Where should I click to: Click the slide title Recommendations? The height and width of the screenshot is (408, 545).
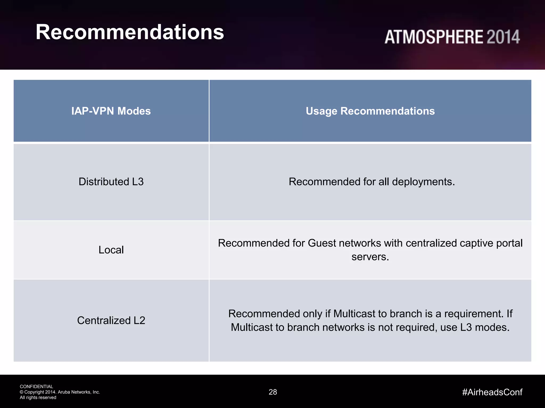(130, 32)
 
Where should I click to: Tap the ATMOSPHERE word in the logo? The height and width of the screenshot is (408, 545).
(434, 37)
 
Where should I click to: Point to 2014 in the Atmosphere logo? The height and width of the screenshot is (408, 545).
(503, 37)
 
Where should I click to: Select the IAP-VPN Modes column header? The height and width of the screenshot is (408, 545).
(111, 111)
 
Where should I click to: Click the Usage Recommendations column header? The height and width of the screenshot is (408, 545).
(370, 111)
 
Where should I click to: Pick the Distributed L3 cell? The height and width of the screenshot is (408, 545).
(111, 182)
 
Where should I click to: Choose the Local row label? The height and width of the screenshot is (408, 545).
(111, 250)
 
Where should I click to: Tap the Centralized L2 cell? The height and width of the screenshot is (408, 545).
(111, 320)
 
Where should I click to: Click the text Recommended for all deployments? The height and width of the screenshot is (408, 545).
(372, 182)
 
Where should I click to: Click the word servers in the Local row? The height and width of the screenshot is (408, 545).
(370, 257)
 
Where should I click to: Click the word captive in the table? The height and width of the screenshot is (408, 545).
(475, 243)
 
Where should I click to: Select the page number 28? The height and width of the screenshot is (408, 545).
(273, 392)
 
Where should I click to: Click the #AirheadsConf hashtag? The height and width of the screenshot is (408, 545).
(492, 392)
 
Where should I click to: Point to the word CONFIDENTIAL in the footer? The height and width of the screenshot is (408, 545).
(36, 386)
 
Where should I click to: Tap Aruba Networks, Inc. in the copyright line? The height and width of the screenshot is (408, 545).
(79, 392)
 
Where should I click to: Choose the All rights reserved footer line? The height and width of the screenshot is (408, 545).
(38, 398)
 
